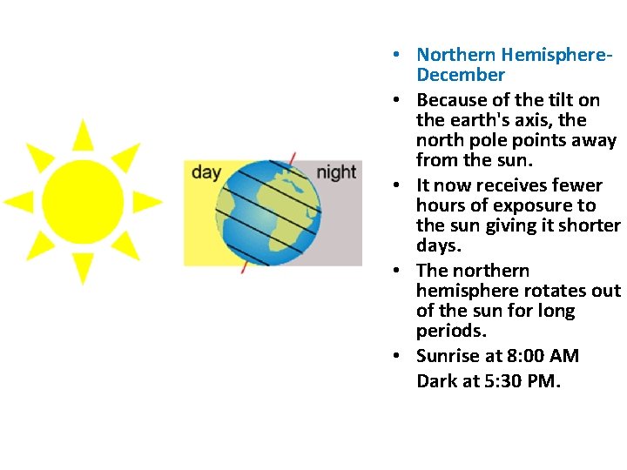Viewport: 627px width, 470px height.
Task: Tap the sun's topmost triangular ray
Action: tap(83, 135)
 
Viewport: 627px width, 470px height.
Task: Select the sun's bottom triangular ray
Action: tap(83, 268)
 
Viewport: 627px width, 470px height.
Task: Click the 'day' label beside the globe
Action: tap(206, 172)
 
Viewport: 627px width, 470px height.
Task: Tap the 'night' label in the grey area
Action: tap(336, 172)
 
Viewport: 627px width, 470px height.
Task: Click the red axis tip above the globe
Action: tap(293, 158)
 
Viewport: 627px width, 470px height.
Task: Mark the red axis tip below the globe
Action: tap(244, 267)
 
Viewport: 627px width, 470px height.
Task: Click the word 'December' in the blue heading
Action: tap(460, 75)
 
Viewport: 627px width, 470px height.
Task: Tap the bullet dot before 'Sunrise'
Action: tap(396, 356)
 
